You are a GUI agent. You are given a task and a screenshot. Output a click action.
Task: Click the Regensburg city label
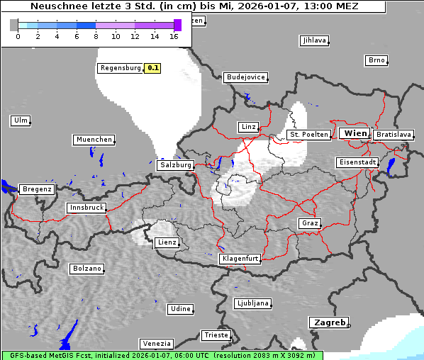(x=121, y=68)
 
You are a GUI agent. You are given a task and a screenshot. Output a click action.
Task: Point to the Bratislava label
(x=394, y=134)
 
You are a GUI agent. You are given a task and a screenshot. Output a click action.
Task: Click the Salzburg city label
(x=176, y=164)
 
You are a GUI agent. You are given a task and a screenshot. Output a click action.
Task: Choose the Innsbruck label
(x=87, y=208)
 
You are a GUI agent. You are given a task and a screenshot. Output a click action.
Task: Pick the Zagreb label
(x=330, y=322)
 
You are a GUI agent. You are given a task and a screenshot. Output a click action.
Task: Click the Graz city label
(x=309, y=223)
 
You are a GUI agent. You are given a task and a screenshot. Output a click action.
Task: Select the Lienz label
(x=166, y=242)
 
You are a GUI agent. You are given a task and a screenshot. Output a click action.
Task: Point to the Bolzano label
(x=87, y=269)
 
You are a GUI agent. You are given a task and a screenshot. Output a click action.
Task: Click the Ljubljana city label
(x=252, y=303)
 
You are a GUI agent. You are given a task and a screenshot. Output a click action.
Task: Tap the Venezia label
(x=156, y=344)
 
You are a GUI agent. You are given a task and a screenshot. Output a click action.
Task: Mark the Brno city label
(x=376, y=60)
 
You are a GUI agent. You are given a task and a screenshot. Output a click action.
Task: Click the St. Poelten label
(x=308, y=134)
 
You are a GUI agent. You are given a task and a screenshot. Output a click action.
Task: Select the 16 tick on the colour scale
(x=174, y=35)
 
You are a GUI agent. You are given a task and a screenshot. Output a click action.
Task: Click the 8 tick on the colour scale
(x=96, y=35)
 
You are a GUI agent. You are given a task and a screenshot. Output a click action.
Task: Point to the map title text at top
(x=194, y=6)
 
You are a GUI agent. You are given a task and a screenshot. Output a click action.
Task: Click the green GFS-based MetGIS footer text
(x=162, y=355)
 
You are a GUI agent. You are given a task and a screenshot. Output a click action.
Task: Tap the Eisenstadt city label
(x=357, y=162)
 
